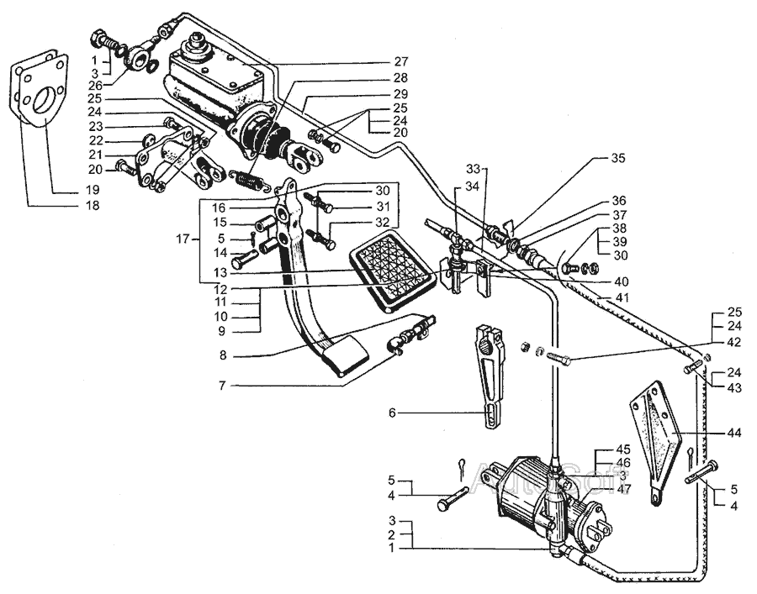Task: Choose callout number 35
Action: (618, 157)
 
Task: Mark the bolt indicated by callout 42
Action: (560, 360)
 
